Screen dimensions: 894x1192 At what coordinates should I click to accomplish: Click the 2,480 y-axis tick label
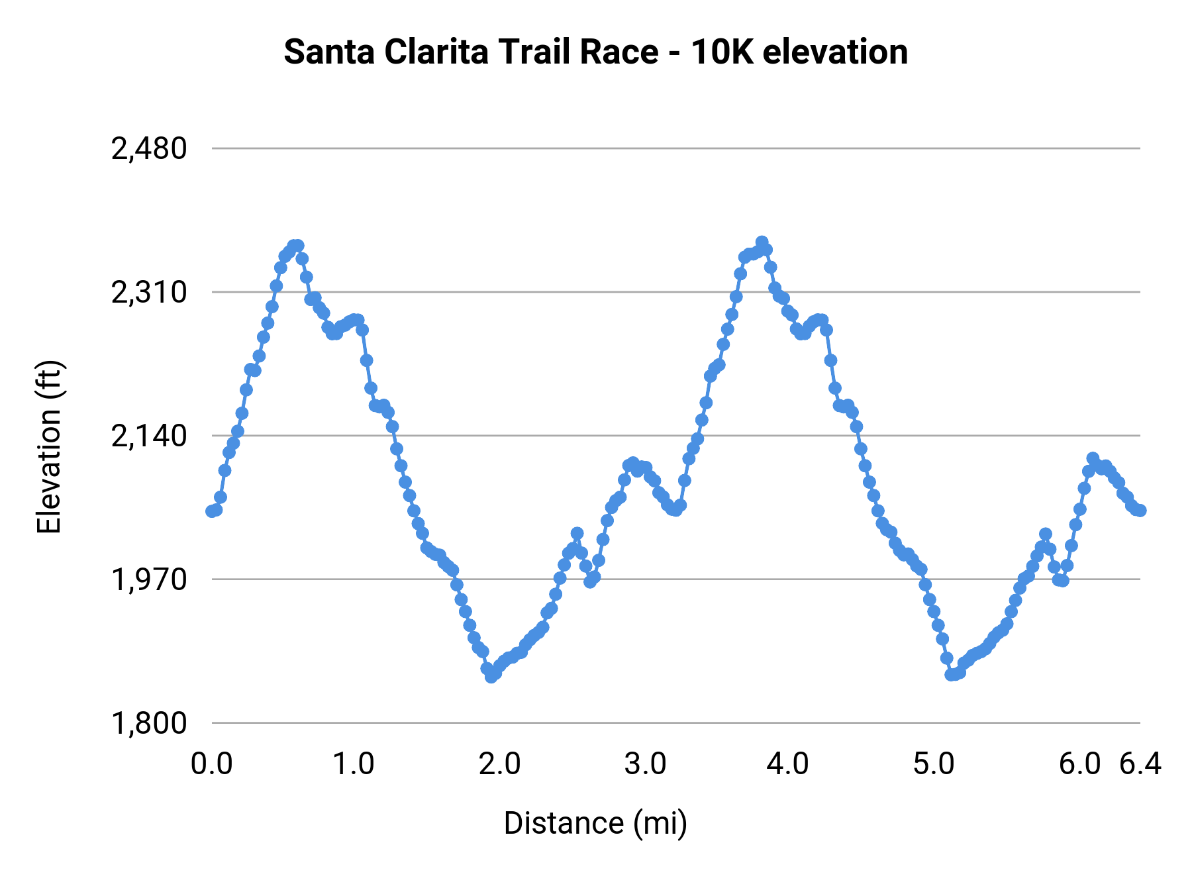pos(149,149)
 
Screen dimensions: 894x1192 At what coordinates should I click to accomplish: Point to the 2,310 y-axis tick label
pos(149,293)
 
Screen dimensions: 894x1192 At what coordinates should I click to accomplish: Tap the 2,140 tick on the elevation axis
pos(149,436)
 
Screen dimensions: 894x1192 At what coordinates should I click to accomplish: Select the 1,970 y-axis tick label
pos(149,580)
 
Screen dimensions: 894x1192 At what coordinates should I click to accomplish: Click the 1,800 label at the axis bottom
pos(149,723)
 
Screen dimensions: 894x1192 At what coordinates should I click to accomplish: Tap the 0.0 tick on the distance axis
pos(211,764)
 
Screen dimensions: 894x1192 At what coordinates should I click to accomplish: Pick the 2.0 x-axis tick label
pos(499,764)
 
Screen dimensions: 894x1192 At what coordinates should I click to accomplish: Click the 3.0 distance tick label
pos(645,764)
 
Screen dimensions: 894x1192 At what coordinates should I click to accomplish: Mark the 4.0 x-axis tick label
pos(787,764)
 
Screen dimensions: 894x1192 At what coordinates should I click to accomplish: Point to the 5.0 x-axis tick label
pos(934,764)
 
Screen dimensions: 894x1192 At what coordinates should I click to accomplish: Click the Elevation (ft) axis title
pos(49,447)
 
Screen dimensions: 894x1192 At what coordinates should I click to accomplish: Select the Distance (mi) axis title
pos(595,823)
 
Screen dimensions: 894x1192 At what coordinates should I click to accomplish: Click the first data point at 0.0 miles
pos(212,511)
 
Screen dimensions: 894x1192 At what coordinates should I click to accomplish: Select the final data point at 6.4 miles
pos(1140,510)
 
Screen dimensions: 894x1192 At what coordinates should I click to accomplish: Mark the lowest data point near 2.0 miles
pos(491,677)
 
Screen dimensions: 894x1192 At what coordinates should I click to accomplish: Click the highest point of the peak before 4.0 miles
pos(762,242)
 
